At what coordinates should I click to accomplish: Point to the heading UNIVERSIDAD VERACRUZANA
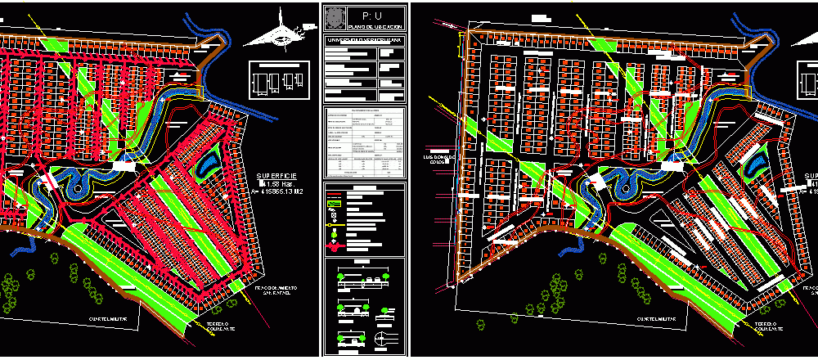(365, 40)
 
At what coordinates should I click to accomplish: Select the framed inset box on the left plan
(280, 81)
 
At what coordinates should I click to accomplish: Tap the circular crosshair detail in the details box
(380, 337)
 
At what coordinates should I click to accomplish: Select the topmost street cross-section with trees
(365, 280)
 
